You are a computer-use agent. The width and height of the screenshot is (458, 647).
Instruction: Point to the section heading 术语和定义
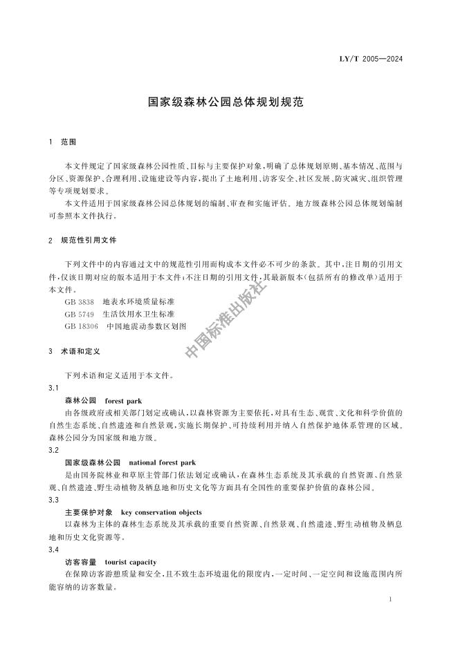point(81,351)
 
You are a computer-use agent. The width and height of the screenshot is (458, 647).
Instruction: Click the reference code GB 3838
point(79,301)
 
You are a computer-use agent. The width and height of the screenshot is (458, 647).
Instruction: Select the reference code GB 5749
point(79,313)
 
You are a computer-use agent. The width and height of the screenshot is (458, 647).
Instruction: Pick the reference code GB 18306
point(81,325)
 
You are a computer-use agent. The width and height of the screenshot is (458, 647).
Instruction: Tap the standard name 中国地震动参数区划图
point(147,325)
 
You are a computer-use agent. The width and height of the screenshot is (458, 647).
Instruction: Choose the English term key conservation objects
point(161,512)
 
